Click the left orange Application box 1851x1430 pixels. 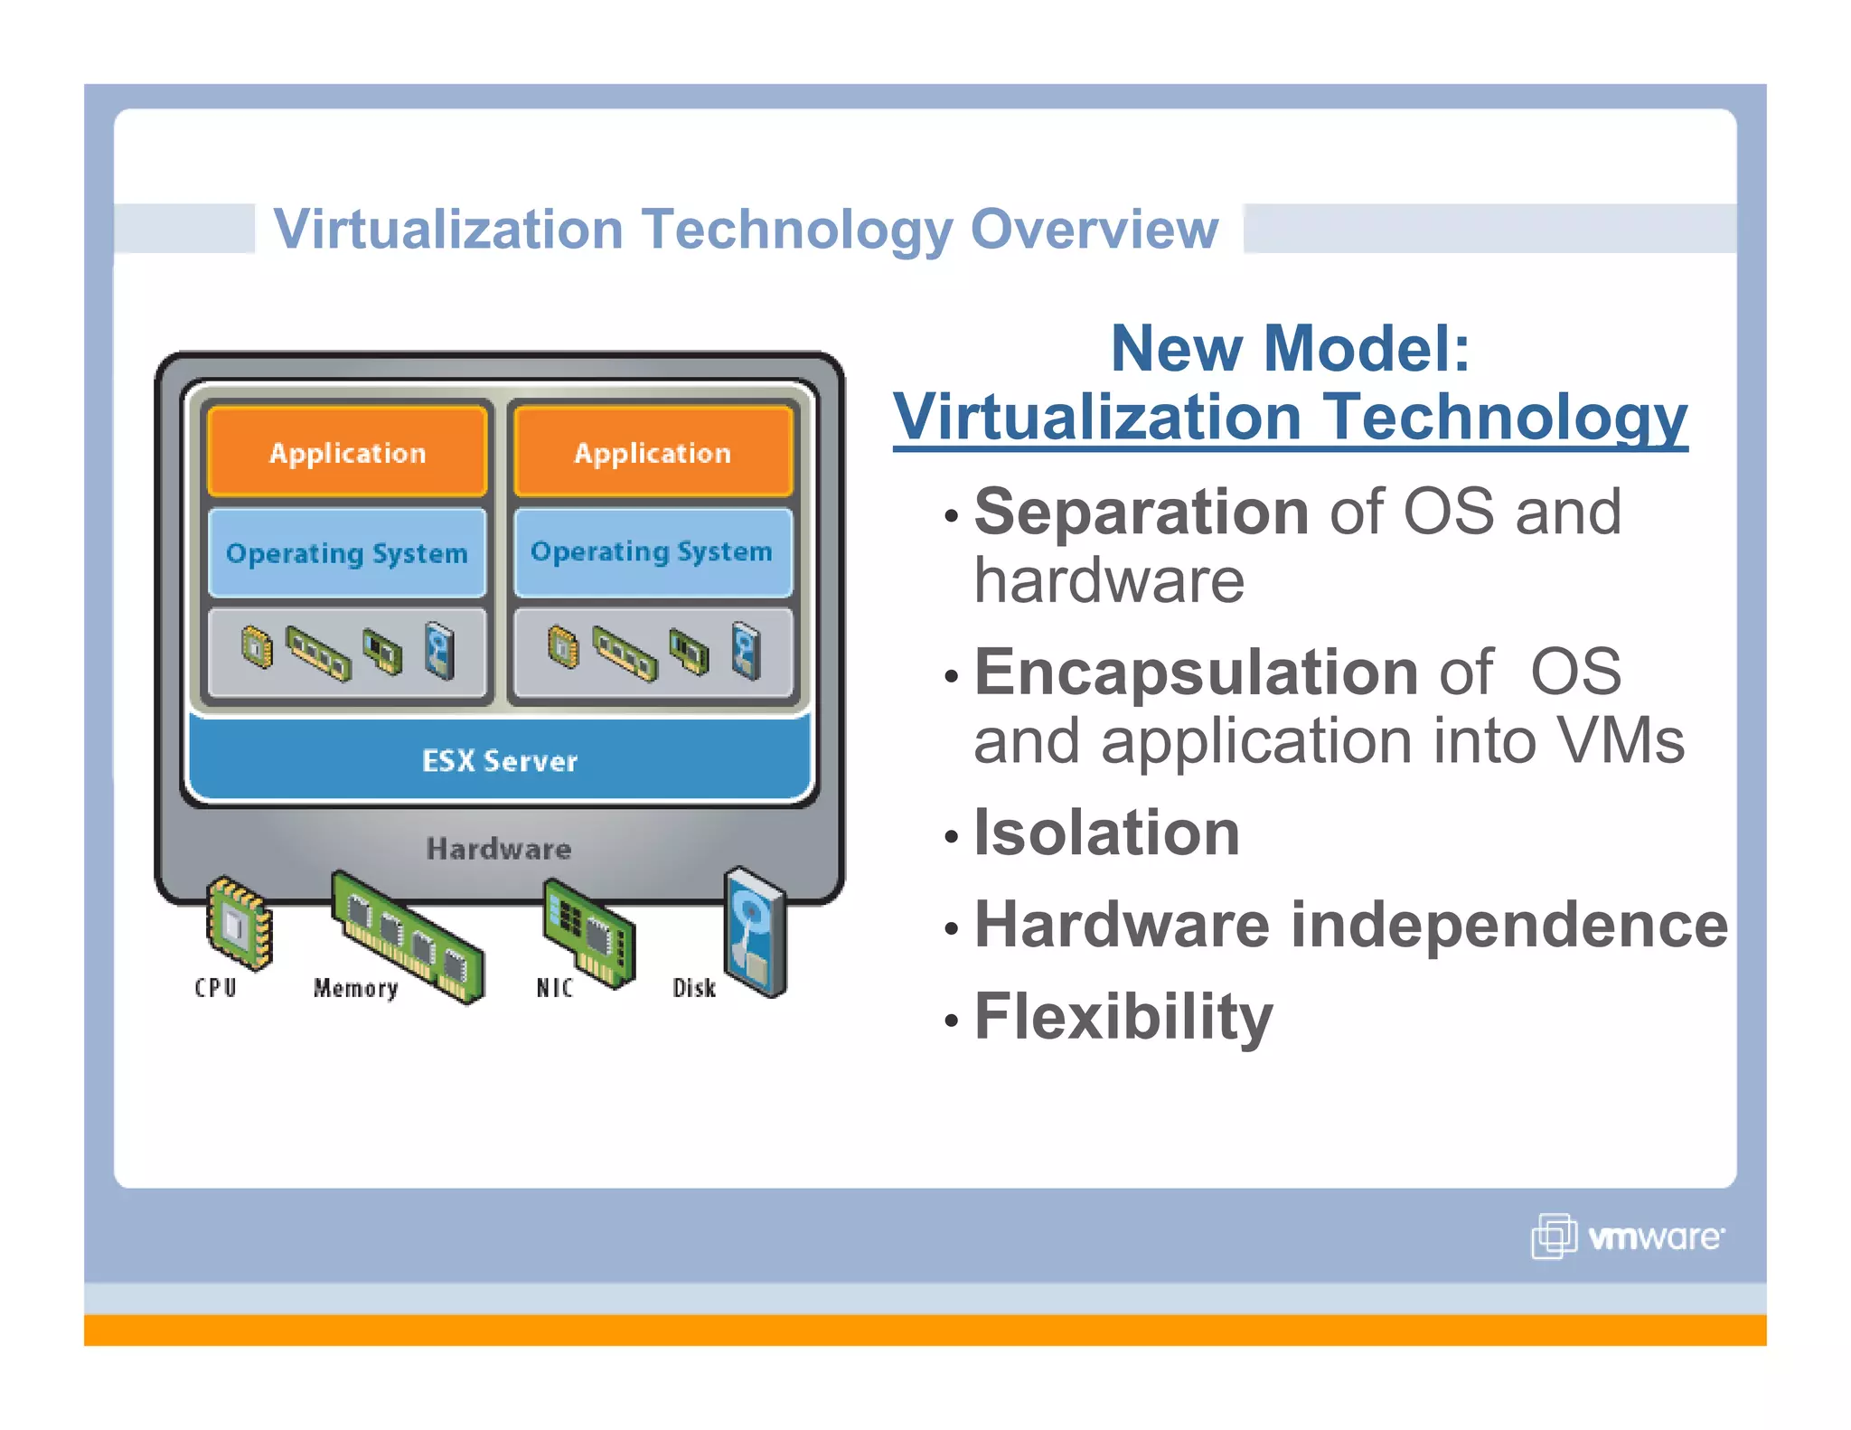click(x=347, y=452)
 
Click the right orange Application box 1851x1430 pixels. click(x=653, y=452)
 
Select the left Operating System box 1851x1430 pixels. click(x=347, y=552)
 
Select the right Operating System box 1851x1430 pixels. click(x=653, y=551)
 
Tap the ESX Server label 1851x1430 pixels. click(x=499, y=760)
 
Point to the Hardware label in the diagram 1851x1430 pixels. click(x=499, y=849)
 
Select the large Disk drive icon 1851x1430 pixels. click(x=756, y=931)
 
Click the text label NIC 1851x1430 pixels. click(x=554, y=988)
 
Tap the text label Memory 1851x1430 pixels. click(x=355, y=988)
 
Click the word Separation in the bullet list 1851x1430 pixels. click(x=1141, y=513)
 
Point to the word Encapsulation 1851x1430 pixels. click(x=1196, y=673)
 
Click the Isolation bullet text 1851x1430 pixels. click(x=1106, y=833)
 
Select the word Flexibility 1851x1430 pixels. click(x=1123, y=1017)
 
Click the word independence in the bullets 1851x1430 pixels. click(x=1508, y=926)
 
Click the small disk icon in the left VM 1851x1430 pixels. click(x=440, y=650)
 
